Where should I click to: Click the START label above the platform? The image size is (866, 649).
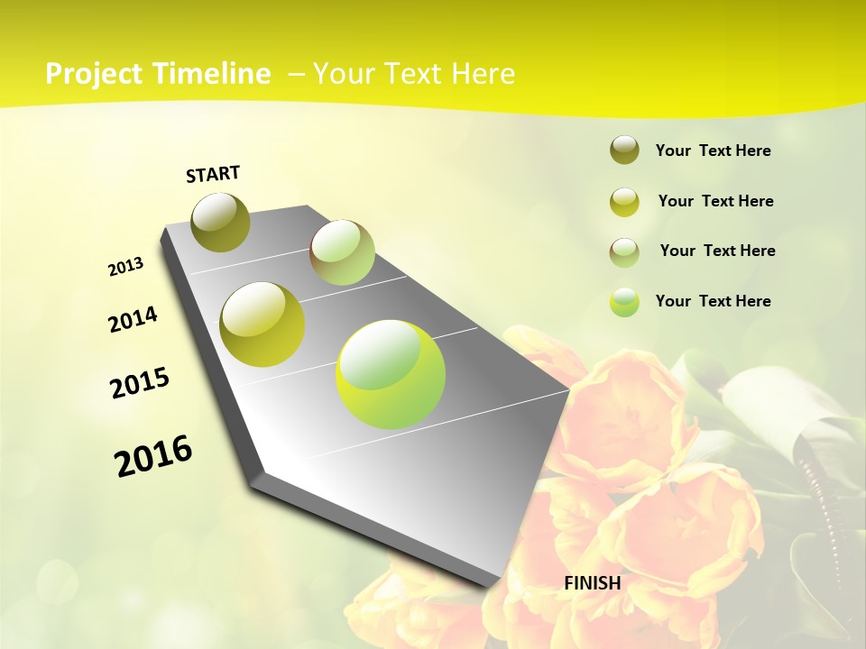coord(213,174)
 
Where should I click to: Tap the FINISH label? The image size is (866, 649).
coord(592,583)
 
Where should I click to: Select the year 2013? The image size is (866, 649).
coord(125,267)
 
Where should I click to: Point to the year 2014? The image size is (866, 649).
coord(133,320)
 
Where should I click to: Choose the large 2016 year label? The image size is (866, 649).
coord(153,456)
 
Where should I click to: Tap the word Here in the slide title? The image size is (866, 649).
coord(483,74)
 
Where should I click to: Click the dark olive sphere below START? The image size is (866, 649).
coord(221,222)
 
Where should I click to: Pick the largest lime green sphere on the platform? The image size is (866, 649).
coord(391,374)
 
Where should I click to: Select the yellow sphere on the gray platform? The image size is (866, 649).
coord(263,324)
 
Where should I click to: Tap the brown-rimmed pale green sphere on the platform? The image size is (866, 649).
coord(342,252)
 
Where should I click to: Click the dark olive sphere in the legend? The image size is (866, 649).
coord(624,151)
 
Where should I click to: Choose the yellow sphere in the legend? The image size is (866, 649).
coord(624,201)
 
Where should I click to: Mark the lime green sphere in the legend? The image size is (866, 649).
coord(624,301)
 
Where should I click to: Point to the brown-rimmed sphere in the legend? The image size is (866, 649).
coord(624,251)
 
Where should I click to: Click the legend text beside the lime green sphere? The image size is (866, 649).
coord(713,301)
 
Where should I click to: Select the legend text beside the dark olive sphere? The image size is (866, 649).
coord(713,151)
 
